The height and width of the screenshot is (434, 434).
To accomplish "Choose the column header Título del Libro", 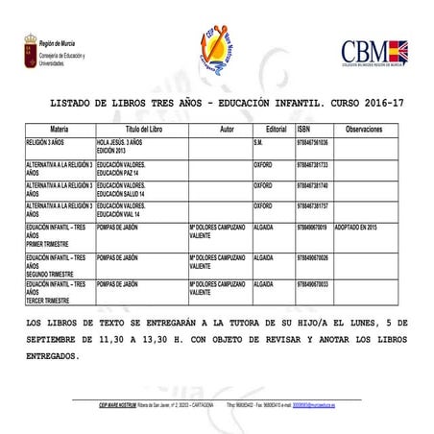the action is tap(141, 129).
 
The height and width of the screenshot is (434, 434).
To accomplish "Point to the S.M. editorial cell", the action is tap(258, 142).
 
